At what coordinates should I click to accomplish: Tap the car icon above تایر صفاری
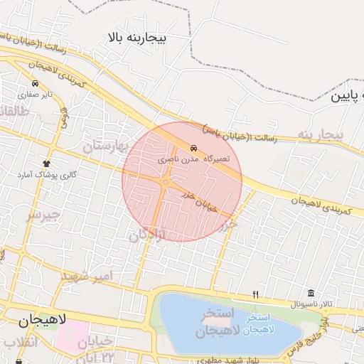pos(36,82)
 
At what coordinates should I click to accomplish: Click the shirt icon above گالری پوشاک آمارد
pos(48,164)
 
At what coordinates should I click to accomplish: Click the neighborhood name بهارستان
pos(113,146)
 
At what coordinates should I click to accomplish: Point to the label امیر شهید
pos(87,274)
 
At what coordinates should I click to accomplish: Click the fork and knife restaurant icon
pos(256,294)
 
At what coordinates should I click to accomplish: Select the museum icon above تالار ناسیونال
pos(311,294)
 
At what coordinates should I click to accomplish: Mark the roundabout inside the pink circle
pos(166,183)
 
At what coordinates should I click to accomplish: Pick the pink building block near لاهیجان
pos(71,334)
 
